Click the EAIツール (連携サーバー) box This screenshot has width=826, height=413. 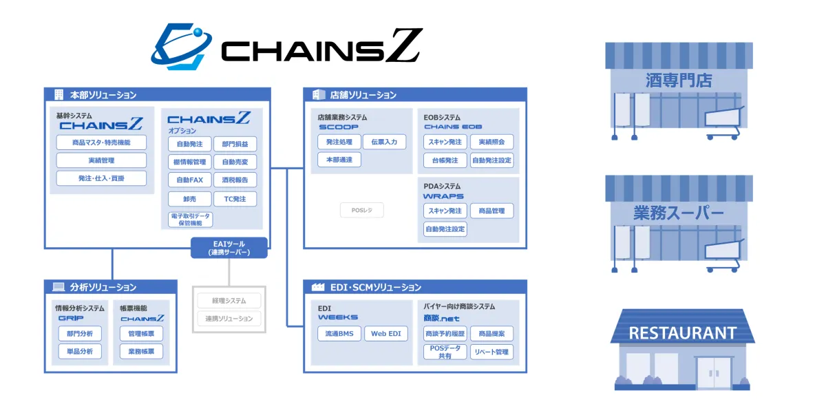point(229,248)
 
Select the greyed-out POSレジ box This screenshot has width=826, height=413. point(361,210)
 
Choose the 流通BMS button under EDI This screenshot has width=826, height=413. point(339,334)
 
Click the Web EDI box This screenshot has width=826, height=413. point(385,334)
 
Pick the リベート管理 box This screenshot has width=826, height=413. point(492,352)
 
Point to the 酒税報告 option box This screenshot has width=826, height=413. point(235,180)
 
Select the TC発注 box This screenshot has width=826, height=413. point(235,199)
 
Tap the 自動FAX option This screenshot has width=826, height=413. point(189,180)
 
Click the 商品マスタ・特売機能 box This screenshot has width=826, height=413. point(101,142)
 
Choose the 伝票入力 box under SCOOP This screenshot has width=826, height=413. point(384,142)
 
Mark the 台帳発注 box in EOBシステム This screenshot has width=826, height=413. point(445,160)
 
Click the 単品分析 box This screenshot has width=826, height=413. point(80,351)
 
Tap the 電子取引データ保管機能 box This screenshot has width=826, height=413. point(191,220)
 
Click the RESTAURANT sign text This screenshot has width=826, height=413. point(682,333)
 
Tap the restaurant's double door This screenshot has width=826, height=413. point(714,373)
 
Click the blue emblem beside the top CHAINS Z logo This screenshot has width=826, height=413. point(180,47)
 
